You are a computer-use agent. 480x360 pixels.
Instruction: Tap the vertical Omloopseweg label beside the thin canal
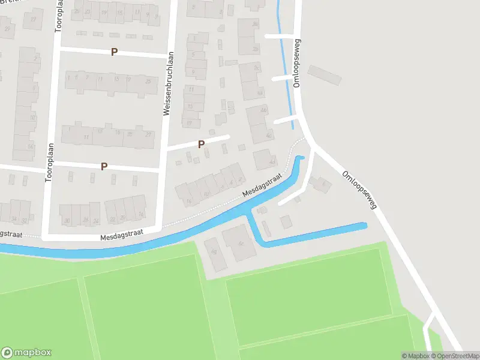pyautogui.click(x=297, y=64)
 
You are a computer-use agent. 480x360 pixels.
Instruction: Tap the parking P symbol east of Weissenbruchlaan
pyautogui.click(x=201, y=144)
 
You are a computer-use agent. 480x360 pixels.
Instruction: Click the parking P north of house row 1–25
pyautogui.click(x=114, y=52)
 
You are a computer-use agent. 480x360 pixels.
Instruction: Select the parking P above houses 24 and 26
pyautogui.click(x=104, y=166)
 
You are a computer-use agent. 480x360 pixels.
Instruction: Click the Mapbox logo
pyautogui.click(x=26, y=353)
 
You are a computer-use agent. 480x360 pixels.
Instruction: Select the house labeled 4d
pyautogui.click(x=265, y=159)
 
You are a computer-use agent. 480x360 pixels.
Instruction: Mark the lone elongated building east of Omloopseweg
pyautogui.click(x=324, y=75)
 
